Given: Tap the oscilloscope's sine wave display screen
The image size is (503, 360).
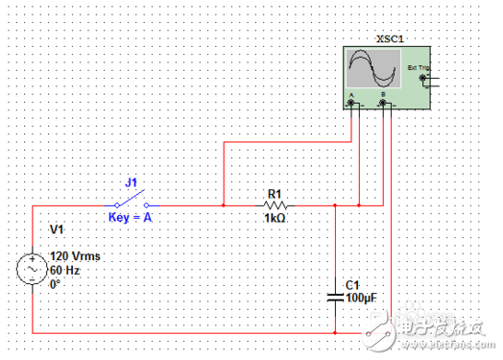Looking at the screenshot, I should pos(372,68).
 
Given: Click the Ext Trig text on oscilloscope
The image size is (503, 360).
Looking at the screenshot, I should pos(419,68).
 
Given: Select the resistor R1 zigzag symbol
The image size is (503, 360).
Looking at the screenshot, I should pos(275,204).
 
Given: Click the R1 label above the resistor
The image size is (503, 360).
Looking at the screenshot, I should pos(275,193).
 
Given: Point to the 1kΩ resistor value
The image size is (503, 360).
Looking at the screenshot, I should pos(275,218).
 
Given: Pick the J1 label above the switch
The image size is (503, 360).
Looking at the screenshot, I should pos(132,181).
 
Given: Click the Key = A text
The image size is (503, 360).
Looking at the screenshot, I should pos(131,218).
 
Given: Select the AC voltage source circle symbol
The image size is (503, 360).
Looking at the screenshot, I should pos(32,268).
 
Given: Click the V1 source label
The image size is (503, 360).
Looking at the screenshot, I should pos(57,230).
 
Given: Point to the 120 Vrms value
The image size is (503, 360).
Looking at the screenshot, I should pos(76,257).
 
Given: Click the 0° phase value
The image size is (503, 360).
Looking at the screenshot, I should pos(55,284).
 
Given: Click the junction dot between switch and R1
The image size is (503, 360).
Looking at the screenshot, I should pos(223,204).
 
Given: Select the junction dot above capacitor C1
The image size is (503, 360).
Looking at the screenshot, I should pos(334,204).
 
